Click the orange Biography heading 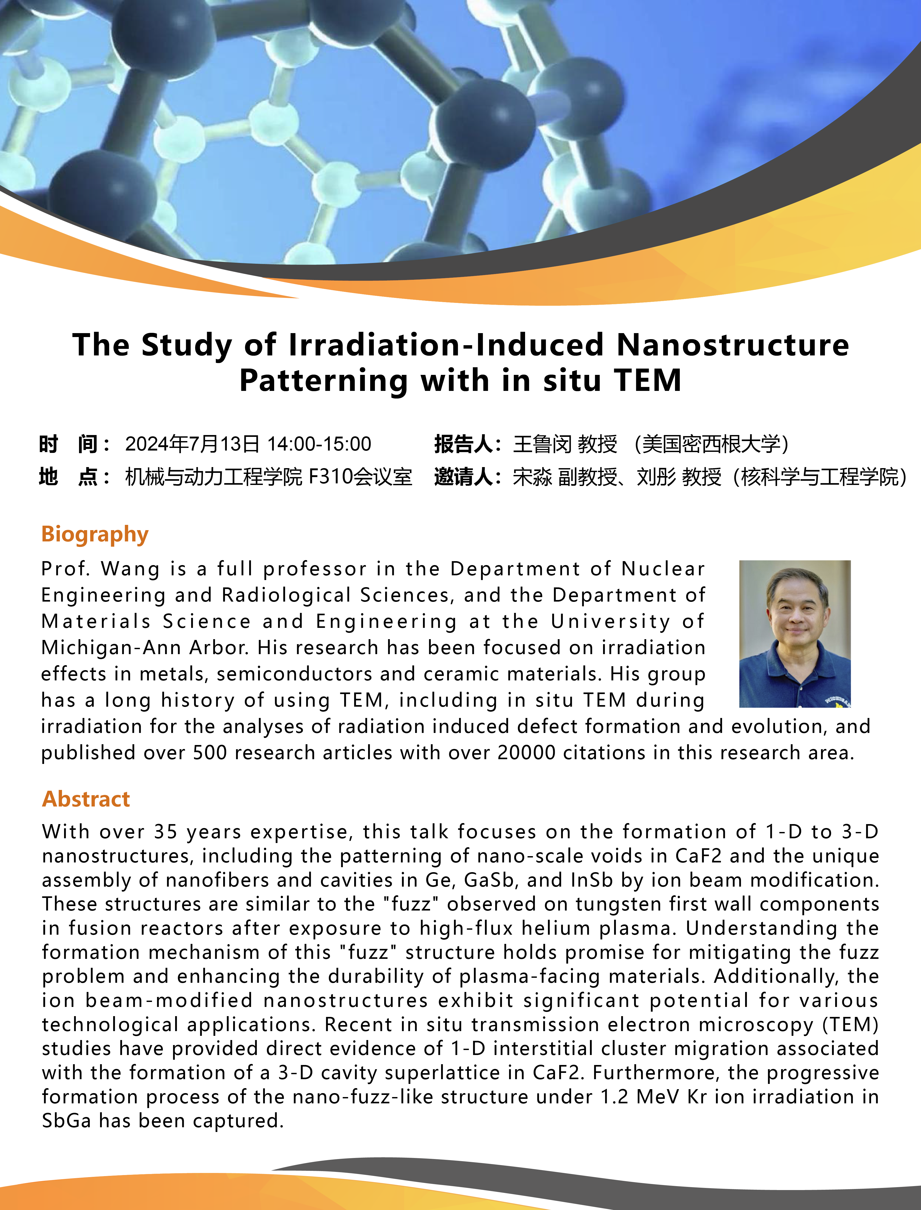tap(95, 534)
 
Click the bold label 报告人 tap(464, 444)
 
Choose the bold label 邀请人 tap(464, 477)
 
